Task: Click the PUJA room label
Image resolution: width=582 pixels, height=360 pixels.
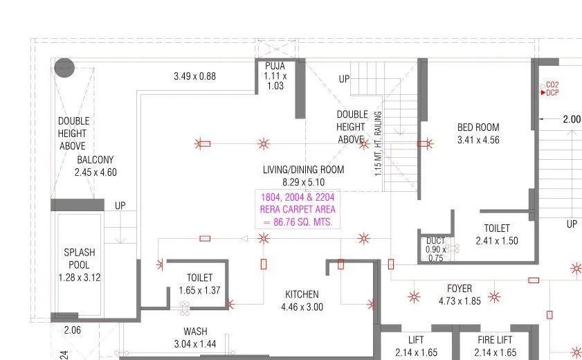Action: tap(275, 66)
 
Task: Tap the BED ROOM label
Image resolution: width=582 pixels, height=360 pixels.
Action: tap(478, 127)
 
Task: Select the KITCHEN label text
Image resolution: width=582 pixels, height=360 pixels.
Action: tap(302, 294)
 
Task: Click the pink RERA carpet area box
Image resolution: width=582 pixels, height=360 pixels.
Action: tap(298, 209)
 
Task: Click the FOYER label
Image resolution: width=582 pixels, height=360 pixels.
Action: tap(460, 289)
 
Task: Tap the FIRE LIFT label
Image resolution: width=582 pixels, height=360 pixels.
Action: tap(495, 340)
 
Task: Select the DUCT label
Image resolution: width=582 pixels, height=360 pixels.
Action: tap(435, 241)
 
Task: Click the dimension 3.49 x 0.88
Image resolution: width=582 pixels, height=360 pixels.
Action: tap(194, 76)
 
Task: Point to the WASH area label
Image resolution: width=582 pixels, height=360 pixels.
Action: tap(195, 331)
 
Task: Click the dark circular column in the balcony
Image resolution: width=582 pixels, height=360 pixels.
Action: tap(64, 68)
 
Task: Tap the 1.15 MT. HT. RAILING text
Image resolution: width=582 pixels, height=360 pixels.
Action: tap(378, 143)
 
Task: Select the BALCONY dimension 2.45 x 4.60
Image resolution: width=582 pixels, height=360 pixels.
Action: tap(96, 172)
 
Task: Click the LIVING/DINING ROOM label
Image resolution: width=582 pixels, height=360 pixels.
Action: tap(303, 170)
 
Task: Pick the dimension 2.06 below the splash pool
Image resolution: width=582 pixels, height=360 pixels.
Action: tap(73, 330)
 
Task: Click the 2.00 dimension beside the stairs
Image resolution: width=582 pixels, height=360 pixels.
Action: tap(572, 119)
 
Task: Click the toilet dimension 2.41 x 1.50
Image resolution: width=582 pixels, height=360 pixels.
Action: tap(496, 241)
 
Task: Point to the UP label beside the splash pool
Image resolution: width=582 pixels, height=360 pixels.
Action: tap(120, 206)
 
